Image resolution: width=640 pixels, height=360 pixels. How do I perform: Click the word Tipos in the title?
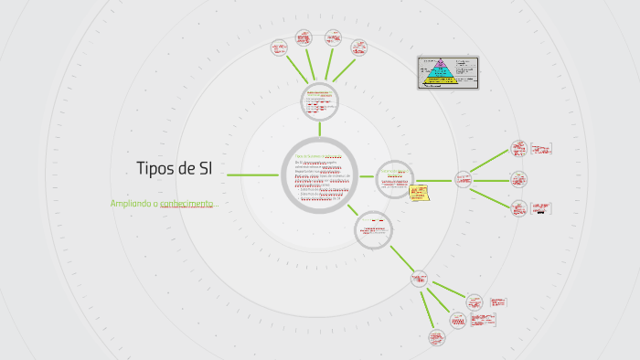[x=155, y=169]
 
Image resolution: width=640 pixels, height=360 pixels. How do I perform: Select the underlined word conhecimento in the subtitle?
[x=187, y=204]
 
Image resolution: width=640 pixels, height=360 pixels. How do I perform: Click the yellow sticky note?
[x=420, y=194]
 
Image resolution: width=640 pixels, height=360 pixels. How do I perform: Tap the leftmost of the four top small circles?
[x=280, y=48]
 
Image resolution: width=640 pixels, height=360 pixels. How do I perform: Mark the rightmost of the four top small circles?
[x=359, y=47]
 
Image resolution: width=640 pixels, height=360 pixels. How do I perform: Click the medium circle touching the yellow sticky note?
[x=395, y=178]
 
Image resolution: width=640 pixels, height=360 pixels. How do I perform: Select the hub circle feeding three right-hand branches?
[x=463, y=179]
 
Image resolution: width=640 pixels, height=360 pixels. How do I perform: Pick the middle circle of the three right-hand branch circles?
[x=519, y=179]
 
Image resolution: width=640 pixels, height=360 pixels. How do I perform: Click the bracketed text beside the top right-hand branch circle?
[x=541, y=148]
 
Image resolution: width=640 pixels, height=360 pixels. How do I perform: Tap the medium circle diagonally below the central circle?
[x=374, y=228]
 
